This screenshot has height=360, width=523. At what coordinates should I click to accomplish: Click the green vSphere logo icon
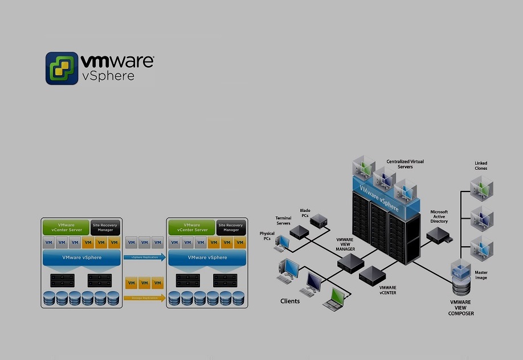pyautogui.click(x=62, y=68)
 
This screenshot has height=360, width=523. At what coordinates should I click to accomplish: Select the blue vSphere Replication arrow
pyautogui.click(x=144, y=257)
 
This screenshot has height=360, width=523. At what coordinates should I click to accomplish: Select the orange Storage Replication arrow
pyautogui.click(x=144, y=297)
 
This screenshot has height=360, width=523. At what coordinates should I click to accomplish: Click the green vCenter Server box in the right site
pyautogui.click(x=191, y=227)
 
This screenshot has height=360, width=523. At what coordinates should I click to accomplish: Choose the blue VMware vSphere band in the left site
pyautogui.click(x=82, y=258)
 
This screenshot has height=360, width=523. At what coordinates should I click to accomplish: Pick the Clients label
pyautogui.click(x=290, y=301)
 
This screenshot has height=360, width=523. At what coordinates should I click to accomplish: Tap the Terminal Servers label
pyautogui.click(x=283, y=220)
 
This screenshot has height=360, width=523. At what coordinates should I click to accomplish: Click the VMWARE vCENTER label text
pyautogui.click(x=387, y=290)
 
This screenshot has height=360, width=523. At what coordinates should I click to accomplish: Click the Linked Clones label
pyautogui.click(x=481, y=166)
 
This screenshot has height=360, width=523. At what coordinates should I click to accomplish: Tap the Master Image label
pyautogui.click(x=481, y=275)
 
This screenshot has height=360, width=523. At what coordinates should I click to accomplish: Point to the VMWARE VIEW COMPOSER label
pyautogui.click(x=461, y=307)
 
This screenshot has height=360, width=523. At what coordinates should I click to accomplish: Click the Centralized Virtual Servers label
pyautogui.click(x=405, y=164)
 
